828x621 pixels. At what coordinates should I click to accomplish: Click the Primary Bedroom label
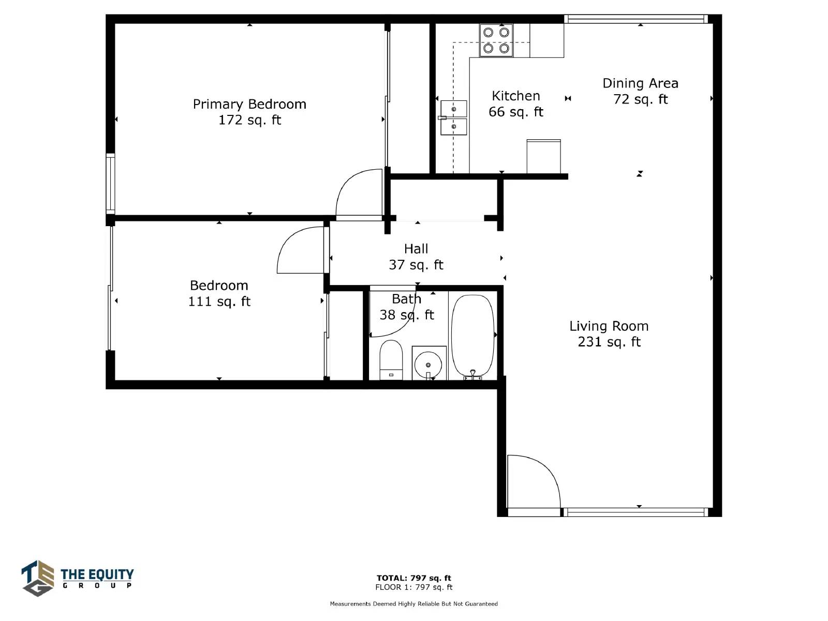[x=249, y=104]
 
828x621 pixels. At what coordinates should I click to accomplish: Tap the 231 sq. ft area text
[x=609, y=342]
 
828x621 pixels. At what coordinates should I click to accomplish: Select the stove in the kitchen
[x=496, y=40]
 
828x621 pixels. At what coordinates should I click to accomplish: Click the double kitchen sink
[x=454, y=117]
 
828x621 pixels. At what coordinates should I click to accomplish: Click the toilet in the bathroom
[x=391, y=360]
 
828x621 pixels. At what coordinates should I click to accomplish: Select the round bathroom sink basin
[x=428, y=365]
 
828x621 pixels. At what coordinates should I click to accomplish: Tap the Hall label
[x=416, y=249]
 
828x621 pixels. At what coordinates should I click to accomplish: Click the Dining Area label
[x=640, y=83]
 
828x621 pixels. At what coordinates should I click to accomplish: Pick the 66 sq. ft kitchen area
[x=515, y=112]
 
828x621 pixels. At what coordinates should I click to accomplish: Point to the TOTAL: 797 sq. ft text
[x=414, y=578]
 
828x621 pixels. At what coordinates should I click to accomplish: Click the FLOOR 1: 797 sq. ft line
[x=414, y=587]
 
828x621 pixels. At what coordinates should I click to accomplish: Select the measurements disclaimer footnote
[x=414, y=603]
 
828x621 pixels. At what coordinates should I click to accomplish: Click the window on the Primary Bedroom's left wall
[x=110, y=184]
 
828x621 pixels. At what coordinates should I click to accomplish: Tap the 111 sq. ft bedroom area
[x=219, y=301]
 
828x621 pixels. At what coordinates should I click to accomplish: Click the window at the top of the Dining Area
[x=636, y=19]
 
